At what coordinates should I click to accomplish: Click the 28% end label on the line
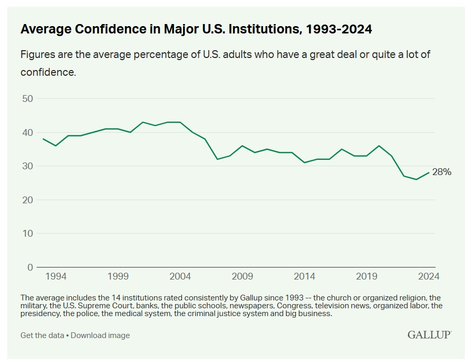(441, 171)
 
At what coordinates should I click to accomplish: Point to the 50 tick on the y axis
(27, 99)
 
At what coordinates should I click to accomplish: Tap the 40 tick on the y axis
(27, 133)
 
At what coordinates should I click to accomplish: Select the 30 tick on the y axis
(27, 166)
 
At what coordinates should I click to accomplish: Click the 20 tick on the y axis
(27, 200)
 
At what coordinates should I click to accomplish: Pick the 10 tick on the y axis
(27, 234)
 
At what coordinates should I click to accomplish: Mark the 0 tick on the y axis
(30, 267)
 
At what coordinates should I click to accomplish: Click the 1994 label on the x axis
(55, 276)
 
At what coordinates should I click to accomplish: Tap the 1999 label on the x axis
(118, 276)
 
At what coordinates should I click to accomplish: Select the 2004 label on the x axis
(180, 276)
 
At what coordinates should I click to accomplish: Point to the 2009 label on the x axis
(242, 276)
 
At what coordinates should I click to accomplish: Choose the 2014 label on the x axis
(304, 276)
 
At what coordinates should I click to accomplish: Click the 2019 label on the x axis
(367, 276)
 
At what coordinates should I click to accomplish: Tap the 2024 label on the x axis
(429, 276)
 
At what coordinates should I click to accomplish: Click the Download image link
(100, 335)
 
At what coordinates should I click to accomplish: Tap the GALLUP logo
(429, 334)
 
